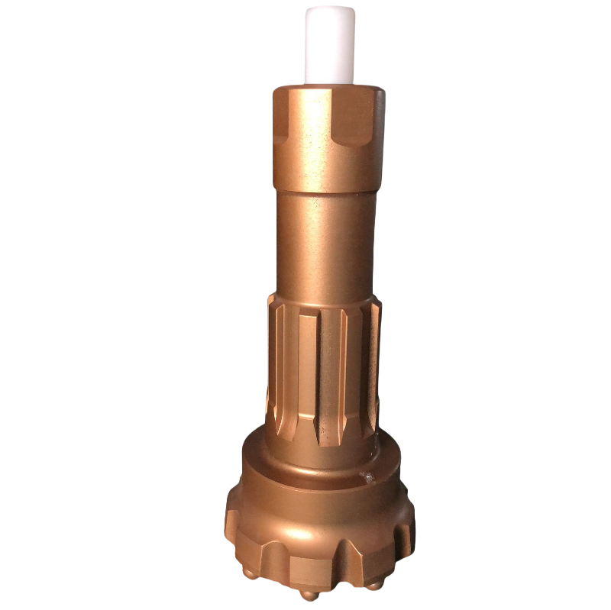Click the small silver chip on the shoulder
coord(367,479)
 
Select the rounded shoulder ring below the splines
coord(321,466)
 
